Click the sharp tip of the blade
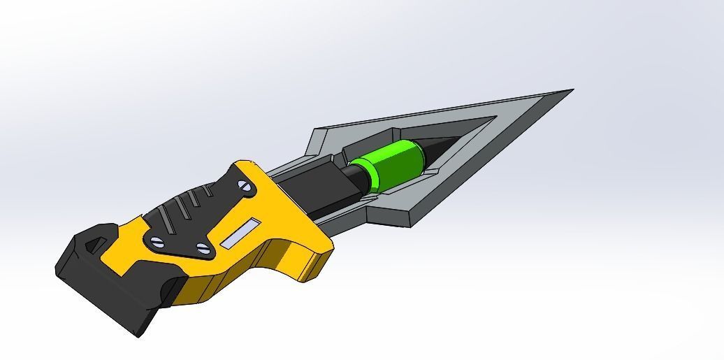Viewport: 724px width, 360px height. click(572, 89)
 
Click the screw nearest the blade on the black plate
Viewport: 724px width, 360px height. click(244, 186)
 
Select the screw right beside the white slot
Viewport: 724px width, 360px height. click(203, 247)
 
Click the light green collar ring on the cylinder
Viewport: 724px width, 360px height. click(359, 175)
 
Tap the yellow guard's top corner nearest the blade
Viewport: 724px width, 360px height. click(248, 162)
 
